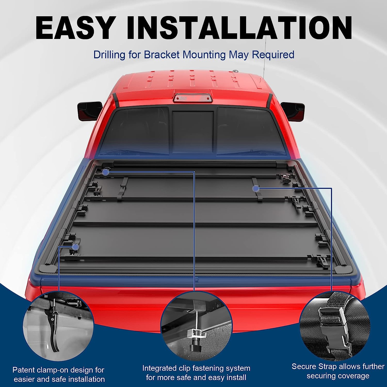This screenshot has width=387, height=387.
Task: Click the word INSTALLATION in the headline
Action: coord(239,28)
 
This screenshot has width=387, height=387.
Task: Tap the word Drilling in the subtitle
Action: coord(109,55)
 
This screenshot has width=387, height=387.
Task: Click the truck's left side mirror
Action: coord(89,110)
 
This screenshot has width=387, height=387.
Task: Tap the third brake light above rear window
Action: coord(192,98)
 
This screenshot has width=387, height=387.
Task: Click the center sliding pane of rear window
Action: coord(193,132)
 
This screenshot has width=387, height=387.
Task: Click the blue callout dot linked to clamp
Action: coord(76,247)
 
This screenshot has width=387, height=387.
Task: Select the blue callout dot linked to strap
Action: coord(256,189)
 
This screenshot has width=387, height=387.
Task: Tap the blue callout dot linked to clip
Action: coord(105,172)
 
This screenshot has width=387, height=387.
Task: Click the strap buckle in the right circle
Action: coord(335,330)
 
